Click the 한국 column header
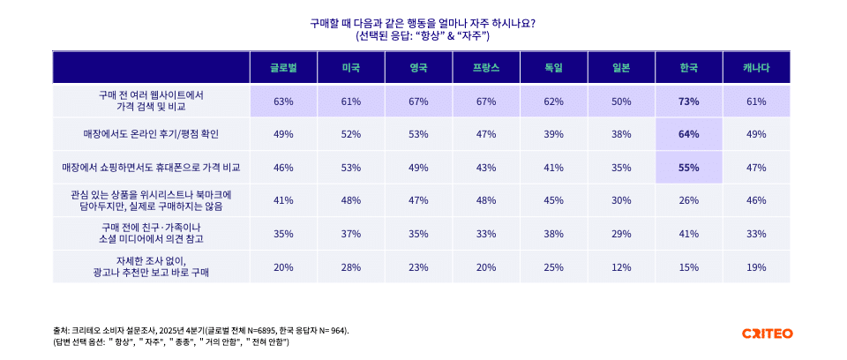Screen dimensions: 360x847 pyautogui.click(x=688, y=68)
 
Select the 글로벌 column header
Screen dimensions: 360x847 pyautogui.click(x=283, y=68)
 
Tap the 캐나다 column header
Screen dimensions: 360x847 pyautogui.click(x=756, y=68)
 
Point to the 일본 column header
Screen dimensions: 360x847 pyautogui.click(x=621, y=68)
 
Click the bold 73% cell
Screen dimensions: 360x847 pyautogui.click(x=688, y=101)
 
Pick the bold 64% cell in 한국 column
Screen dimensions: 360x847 pyautogui.click(x=688, y=134)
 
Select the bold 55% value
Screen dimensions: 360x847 pyautogui.click(x=688, y=167)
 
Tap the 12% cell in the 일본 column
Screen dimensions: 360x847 pyautogui.click(x=621, y=266)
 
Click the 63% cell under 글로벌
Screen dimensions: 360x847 pyautogui.click(x=283, y=101)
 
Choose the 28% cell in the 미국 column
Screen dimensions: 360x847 pyautogui.click(x=351, y=266)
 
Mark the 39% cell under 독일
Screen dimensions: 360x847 pyautogui.click(x=553, y=134)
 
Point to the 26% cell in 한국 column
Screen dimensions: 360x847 pyautogui.click(x=688, y=200)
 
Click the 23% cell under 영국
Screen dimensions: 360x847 pyautogui.click(x=418, y=266)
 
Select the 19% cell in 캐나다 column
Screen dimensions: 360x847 pyautogui.click(x=756, y=266)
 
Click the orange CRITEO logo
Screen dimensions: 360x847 pyautogui.click(x=767, y=334)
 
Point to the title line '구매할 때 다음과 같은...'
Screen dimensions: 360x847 pyautogui.click(x=423, y=23)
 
